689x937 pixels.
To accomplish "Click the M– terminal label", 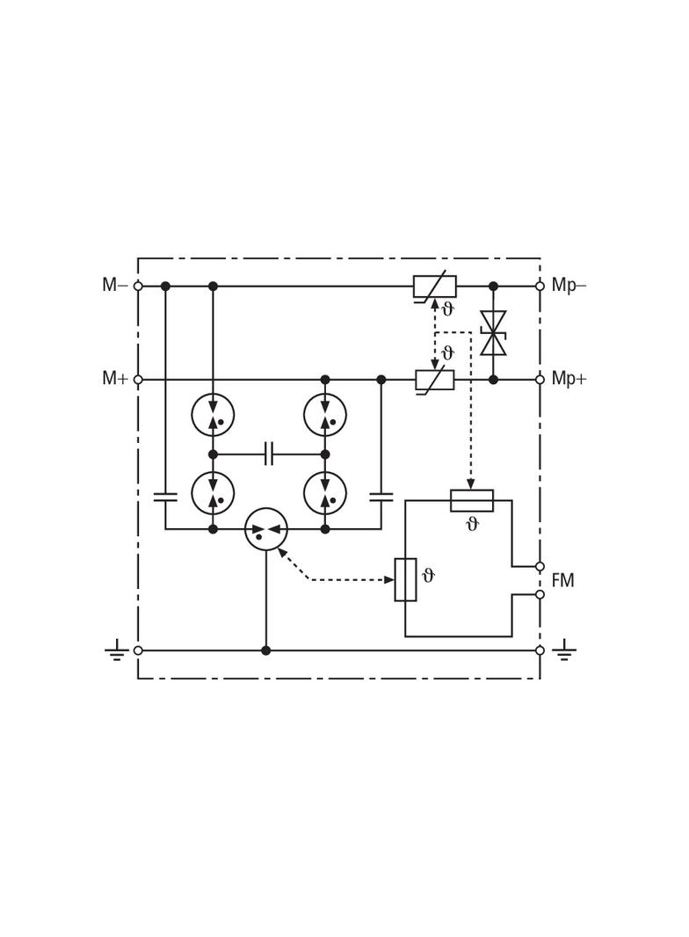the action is point(115,285).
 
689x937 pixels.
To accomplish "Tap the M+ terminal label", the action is point(115,378).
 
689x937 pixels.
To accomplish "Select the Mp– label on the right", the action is point(569,286).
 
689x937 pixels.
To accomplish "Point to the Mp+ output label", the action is point(569,379).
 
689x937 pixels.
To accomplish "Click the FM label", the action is point(562,580).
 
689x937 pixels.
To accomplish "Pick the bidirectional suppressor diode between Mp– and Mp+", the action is point(493,333).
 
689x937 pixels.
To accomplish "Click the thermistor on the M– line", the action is point(435,287).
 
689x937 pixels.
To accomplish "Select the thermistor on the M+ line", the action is point(435,380).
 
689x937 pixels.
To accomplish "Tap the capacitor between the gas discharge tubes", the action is point(269,454).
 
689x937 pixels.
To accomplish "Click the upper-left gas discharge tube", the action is point(213,415).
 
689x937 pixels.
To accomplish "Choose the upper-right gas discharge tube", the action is point(325,415).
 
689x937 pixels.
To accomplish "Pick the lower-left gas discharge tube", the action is point(213,493).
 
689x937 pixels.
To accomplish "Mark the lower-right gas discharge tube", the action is point(325,493).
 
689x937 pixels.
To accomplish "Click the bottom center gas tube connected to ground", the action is point(266,529).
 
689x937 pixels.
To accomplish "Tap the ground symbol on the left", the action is point(117,650).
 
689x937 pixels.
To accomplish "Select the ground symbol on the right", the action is point(564,650).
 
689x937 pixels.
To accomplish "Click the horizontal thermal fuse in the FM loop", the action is point(472,501).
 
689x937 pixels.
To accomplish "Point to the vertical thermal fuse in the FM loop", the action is point(405,579).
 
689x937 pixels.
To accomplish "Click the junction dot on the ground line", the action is point(266,650).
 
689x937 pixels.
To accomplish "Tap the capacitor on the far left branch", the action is point(165,497).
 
